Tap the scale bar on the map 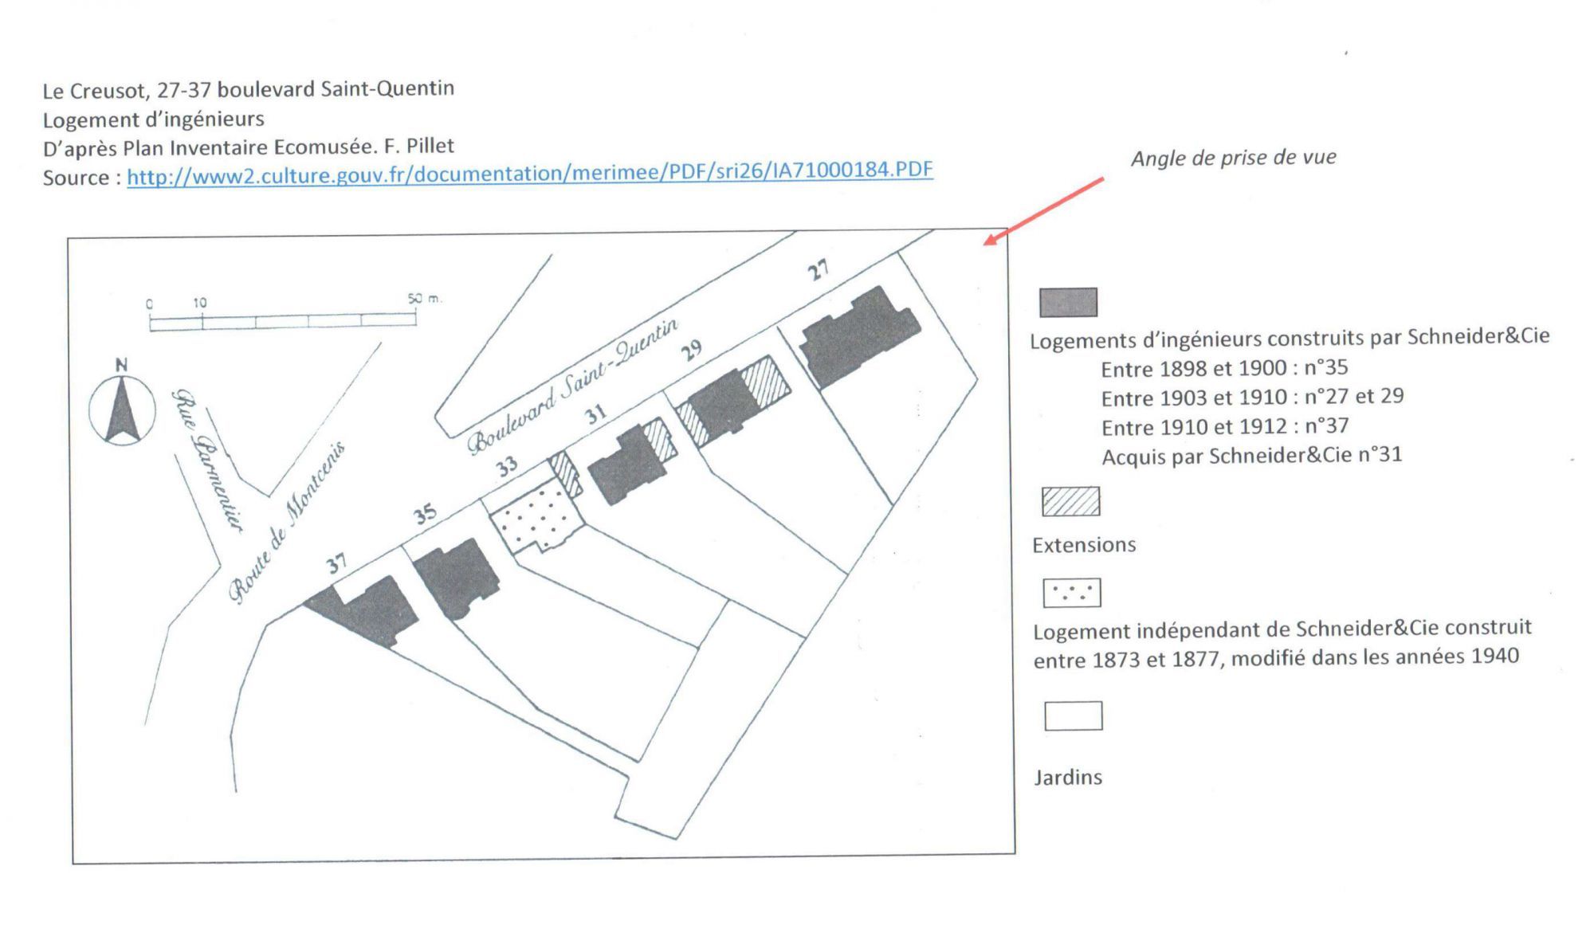(283, 321)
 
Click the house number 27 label (818, 271)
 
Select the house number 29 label (691, 349)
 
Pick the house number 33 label (507, 466)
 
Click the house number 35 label (425, 514)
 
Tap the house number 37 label (336, 563)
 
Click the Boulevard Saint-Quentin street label (572, 386)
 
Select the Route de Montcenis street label (287, 522)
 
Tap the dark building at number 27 (859, 336)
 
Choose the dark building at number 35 (456, 578)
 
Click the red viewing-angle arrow (1043, 211)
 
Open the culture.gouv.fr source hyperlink (530, 171)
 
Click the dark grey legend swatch (1068, 303)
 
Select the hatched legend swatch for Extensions (1071, 502)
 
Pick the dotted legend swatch (1072, 593)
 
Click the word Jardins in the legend (1068, 777)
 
